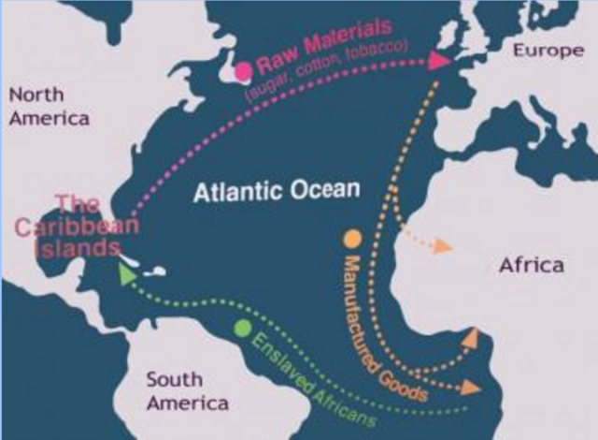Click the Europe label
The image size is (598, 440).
pos(547,51)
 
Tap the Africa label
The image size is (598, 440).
pos(531,265)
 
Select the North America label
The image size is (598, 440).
pos(49,106)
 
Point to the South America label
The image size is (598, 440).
pos(187,391)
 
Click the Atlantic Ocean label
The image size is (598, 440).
pos(276,192)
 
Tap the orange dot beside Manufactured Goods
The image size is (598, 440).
pos(352,239)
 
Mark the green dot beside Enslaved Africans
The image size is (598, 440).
pos(243,328)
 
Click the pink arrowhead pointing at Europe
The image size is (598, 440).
pos(437,61)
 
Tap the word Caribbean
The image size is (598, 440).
pos(77,226)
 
